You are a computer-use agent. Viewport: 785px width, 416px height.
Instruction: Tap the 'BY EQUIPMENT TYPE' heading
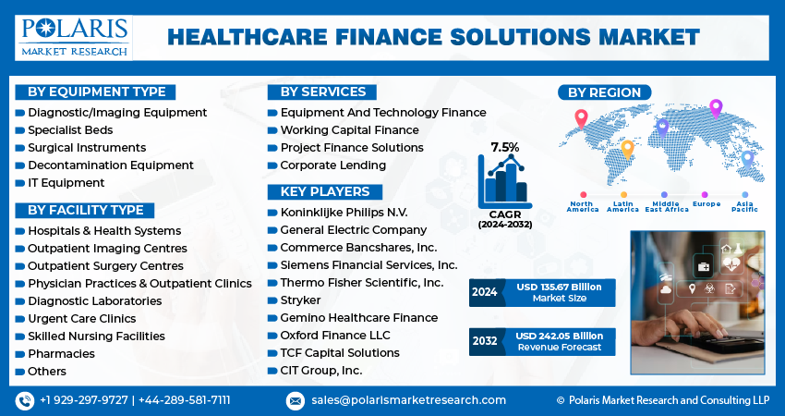(96, 92)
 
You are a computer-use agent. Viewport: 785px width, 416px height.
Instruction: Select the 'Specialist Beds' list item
(70, 129)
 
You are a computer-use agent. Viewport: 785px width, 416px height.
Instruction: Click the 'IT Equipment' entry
(66, 182)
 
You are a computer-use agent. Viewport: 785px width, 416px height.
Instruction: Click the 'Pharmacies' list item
(61, 353)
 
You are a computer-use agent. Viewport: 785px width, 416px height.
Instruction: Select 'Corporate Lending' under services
(332, 165)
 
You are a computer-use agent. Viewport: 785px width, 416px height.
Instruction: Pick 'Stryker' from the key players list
(300, 300)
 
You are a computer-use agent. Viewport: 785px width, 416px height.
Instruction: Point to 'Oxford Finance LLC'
(335, 335)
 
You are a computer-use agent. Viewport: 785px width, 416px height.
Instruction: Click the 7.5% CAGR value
(504, 147)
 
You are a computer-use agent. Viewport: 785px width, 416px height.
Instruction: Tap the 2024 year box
(484, 292)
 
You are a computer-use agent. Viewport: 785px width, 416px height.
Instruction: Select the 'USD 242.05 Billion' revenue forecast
(559, 336)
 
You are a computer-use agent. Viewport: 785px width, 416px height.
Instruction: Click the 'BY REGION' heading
(604, 92)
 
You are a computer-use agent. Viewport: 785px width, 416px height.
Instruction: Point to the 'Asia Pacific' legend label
(743, 205)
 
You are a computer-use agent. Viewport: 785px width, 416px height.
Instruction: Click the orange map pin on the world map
(627, 148)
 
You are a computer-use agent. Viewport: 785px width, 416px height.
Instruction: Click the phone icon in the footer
(24, 400)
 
